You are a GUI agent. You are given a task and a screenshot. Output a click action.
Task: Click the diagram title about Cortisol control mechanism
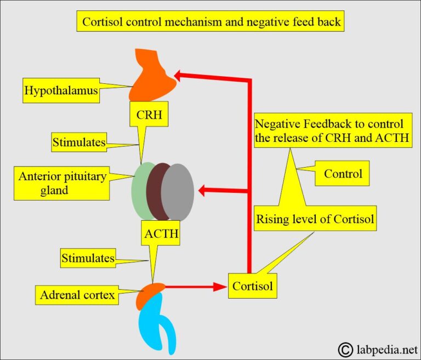tap(210, 22)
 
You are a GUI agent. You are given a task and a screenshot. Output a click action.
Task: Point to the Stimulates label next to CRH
tap(79, 143)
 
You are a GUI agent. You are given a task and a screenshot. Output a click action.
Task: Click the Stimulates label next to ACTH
tap(88, 258)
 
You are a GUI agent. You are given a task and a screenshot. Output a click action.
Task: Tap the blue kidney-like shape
tap(159, 323)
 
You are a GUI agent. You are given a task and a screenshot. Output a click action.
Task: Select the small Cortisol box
tap(252, 285)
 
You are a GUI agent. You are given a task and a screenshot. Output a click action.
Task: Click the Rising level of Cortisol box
tap(315, 220)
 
